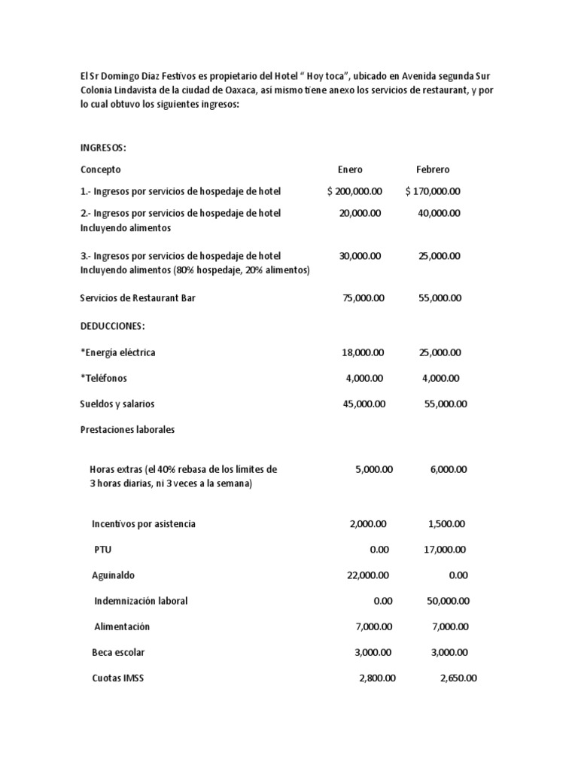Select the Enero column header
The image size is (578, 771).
coord(350,169)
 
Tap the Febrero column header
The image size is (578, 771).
coord(433,169)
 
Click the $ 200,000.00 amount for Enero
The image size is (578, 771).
coord(354,191)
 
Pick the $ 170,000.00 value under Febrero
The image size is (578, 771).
coord(433,191)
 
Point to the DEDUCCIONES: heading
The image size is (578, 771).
coord(112,325)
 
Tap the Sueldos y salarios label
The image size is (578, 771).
coord(117,404)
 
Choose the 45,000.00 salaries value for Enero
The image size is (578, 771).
coord(365,404)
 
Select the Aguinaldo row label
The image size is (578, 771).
coord(114,575)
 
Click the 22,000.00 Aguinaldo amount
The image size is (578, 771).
coord(368,575)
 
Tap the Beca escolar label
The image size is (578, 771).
coord(118,652)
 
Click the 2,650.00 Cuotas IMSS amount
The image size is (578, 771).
coord(458,678)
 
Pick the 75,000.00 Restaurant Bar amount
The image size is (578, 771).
coord(364,298)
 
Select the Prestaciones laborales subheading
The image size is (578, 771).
coord(127,429)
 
